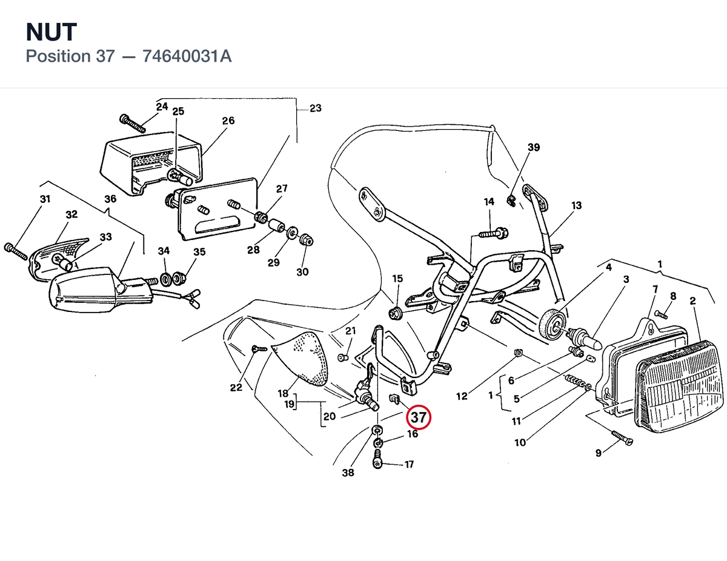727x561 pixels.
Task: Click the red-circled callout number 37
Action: click(419, 417)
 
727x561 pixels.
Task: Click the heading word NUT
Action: click(51, 32)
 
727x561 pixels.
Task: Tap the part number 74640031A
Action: click(187, 56)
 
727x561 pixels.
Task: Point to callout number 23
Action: click(315, 108)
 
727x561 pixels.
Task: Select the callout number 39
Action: click(534, 147)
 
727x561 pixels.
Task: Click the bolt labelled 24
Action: click(133, 124)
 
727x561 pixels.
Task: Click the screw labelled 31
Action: click(16, 252)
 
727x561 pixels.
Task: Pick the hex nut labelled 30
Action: click(307, 239)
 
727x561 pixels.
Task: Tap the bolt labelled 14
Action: click(494, 233)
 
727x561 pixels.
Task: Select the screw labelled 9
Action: click(622, 438)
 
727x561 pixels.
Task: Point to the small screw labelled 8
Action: click(661, 315)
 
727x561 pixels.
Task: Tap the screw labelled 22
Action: click(260, 349)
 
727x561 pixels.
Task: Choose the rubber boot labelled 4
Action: click(553, 324)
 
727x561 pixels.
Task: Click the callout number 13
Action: click(576, 205)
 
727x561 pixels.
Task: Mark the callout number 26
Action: click(228, 121)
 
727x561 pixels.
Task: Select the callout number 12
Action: click(462, 396)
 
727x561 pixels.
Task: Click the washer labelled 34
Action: click(166, 279)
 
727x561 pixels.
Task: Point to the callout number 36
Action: click(110, 199)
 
